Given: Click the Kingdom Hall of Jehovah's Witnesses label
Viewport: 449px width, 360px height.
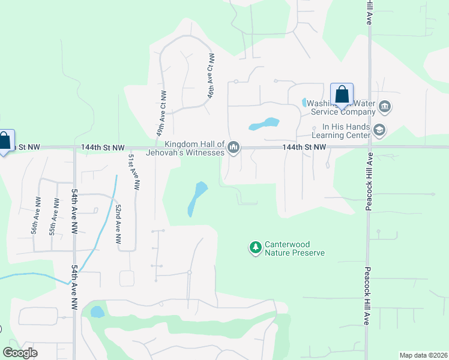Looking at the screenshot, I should (194, 148).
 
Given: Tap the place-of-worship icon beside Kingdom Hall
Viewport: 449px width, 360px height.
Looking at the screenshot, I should (234, 147).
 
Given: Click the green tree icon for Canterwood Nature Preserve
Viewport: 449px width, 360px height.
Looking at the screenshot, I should (256, 247).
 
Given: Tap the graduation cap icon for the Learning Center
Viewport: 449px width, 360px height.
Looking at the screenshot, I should (379, 130).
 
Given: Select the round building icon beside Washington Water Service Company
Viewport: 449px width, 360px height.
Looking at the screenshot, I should (385, 108).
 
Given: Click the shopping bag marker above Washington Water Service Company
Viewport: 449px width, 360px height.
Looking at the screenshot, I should (342, 95).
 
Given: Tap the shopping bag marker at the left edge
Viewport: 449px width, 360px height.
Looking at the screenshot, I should (4, 142).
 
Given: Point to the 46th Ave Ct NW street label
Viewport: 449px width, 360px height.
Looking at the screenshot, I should (211, 77).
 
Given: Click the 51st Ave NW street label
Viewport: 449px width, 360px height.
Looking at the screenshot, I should (133, 172).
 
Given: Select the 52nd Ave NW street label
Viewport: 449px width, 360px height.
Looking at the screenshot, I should (119, 223).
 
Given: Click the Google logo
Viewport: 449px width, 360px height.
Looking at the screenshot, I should (20, 352).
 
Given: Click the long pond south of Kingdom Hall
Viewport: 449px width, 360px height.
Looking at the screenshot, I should (197, 199).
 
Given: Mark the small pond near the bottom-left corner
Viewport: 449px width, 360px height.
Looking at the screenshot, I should (96, 312).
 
